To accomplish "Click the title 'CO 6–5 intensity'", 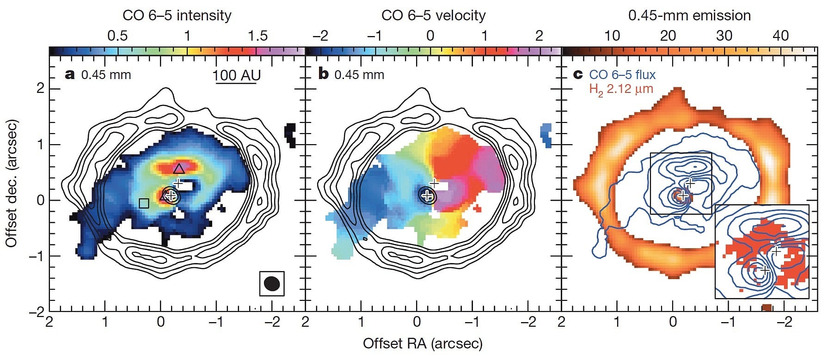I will coord(177,15).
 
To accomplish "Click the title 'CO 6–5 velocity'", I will coord(433,15).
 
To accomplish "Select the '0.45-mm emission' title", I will coord(689,15).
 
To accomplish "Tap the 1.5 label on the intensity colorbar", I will coord(258,36).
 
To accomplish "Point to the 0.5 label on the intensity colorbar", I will coord(117,36).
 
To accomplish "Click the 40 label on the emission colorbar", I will coord(780,36).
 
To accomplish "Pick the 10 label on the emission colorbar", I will coord(612,36).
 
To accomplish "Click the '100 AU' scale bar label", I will coord(237,75).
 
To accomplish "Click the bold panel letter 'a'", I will coord(70,74).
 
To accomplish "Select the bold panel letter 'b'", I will coord(323,74).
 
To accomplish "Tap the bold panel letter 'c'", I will coord(578,74).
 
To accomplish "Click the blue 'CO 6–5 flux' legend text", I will coord(622,74).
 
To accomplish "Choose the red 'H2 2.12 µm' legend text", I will coord(621,89).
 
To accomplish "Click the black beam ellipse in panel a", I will coord(271,284).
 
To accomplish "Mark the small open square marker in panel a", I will coord(144,203).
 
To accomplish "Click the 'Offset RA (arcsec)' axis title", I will coord(423,343).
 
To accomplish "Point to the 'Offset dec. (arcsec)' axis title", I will coord(12,183).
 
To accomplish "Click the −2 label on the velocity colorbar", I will coord(320,36).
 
